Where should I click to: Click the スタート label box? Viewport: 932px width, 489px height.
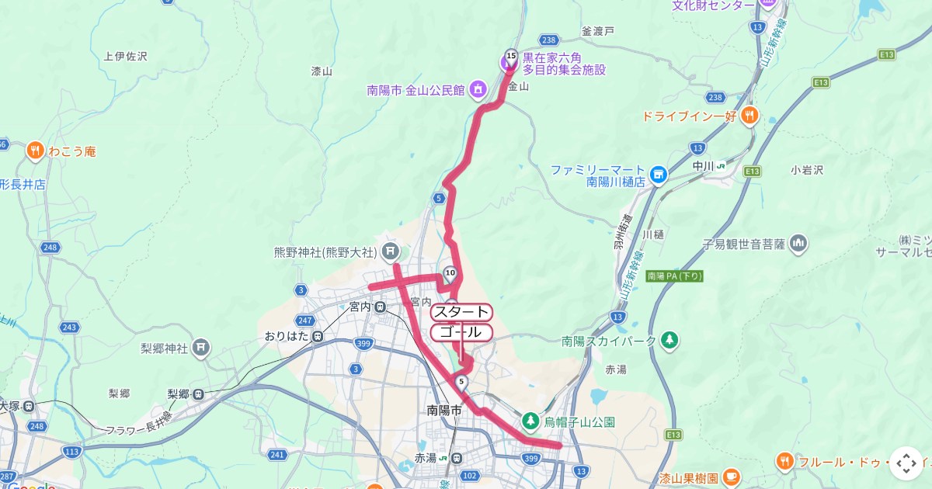coord(461,312)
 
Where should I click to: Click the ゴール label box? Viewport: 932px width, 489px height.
coord(461,332)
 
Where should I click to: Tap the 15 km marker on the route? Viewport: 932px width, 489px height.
coord(510,55)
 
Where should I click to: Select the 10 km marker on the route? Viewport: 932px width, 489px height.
coord(450,272)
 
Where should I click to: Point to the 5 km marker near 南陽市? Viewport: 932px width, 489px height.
coord(462,380)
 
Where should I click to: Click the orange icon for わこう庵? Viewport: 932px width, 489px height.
coord(35,151)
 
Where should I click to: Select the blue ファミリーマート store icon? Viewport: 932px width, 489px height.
coord(659,174)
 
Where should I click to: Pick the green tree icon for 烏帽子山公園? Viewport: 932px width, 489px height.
coord(530,421)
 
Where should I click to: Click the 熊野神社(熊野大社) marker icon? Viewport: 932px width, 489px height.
coord(391,251)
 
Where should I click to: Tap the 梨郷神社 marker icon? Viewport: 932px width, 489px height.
coord(201,346)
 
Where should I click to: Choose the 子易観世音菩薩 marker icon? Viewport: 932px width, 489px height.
coord(798,244)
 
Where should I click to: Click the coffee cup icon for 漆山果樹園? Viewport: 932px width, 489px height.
coord(731,475)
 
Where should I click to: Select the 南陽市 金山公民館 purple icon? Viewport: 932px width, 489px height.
coord(478,89)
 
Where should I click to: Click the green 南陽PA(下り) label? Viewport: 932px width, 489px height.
coord(674,276)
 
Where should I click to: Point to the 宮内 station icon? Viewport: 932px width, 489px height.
coord(380,307)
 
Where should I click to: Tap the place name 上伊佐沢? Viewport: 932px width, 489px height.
coord(124,56)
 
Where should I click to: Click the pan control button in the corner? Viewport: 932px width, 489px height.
coord(906,463)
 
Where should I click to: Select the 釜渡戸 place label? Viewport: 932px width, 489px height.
coord(597,31)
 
